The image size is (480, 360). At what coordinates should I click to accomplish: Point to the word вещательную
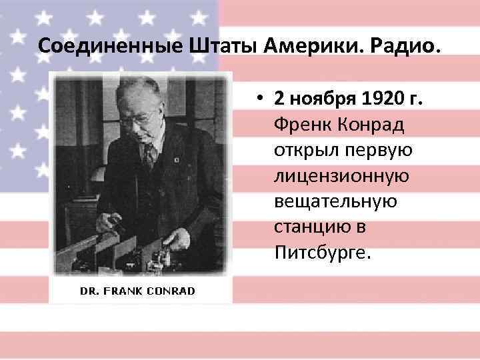335,202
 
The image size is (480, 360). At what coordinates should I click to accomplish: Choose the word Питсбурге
317,253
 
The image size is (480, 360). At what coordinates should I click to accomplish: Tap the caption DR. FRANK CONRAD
138,291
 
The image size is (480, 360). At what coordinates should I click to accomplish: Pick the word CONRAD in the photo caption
172,291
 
